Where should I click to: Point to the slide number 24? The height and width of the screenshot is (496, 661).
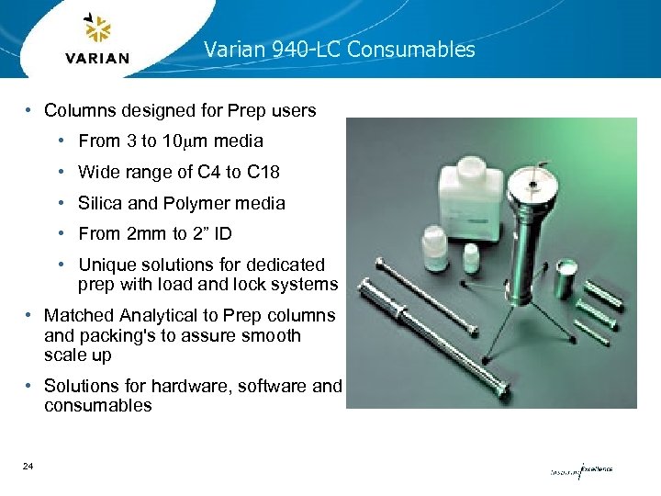(x=28, y=467)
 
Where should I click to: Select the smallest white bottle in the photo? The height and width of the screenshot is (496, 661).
(x=471, y=256)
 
